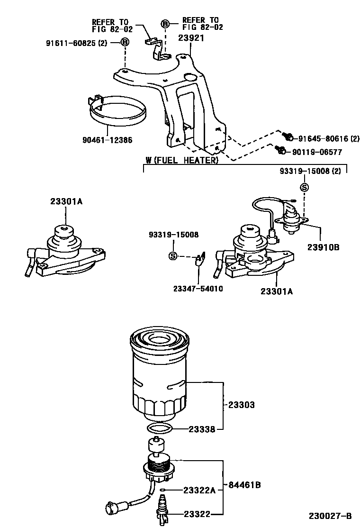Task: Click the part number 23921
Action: click(191, 38)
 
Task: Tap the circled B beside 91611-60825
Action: click(125, 43)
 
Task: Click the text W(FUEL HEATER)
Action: click(182, 161)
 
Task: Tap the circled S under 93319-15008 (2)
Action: click(305, 188)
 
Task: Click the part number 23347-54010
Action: click(198, 289)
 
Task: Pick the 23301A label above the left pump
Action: click(66, 201)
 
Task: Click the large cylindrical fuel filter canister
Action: click(159, 374)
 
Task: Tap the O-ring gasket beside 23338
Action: click(159, 429)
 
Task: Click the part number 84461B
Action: click(244, 485)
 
